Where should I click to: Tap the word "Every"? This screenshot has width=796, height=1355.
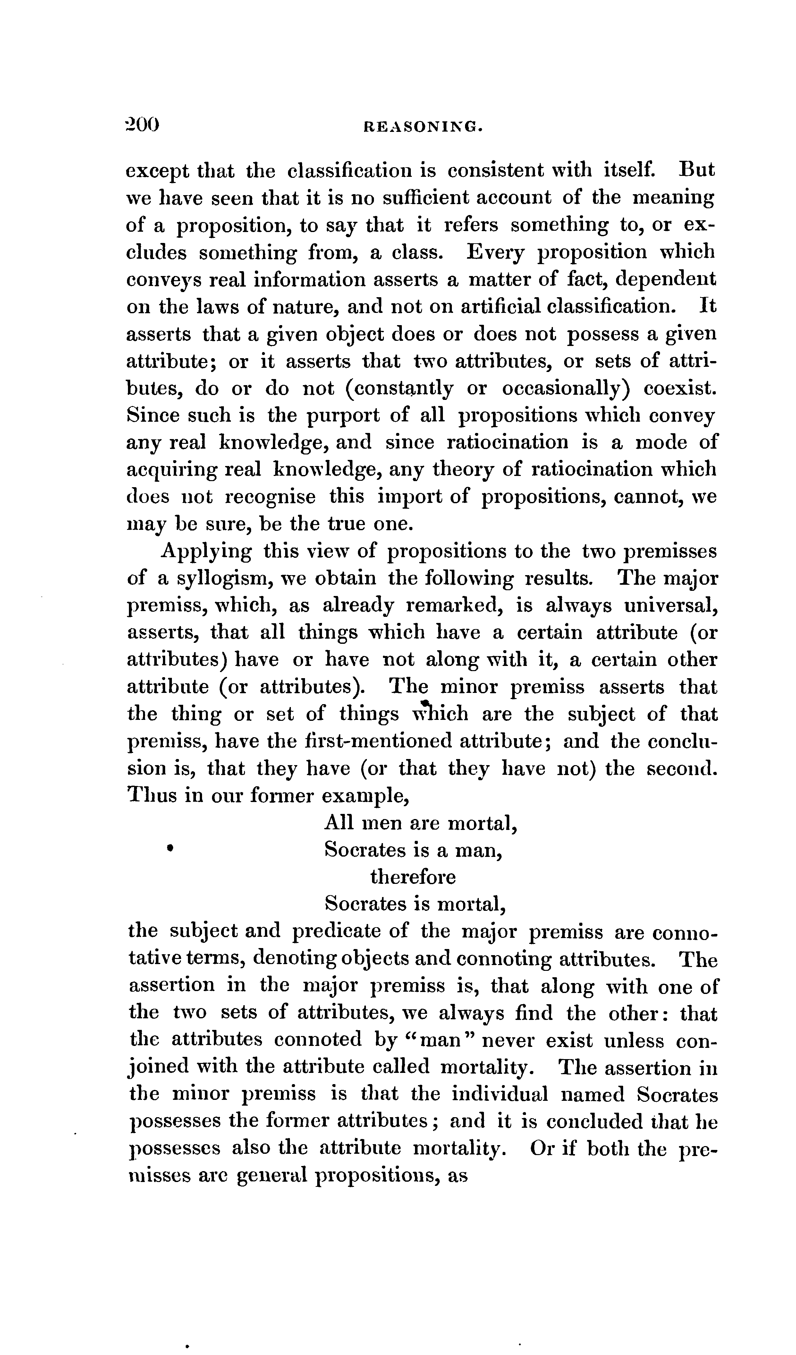click(x=496, y=252)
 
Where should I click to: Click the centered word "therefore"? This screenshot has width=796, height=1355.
click(x=413, y=877)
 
